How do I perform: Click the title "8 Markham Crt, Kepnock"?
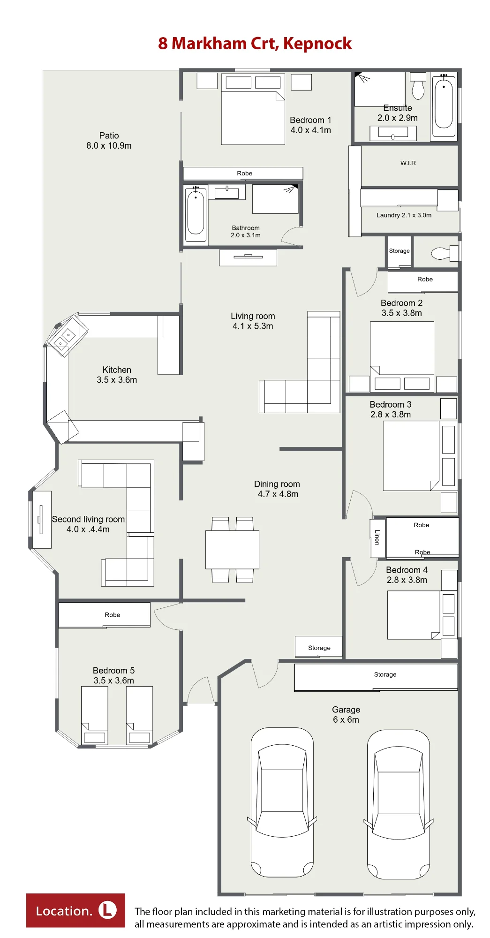click(x=255, y=44)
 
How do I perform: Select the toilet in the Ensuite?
click(x=418, y=85)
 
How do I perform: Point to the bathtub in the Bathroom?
click(x=196, y=213)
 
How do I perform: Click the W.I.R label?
click(x=408, y=163)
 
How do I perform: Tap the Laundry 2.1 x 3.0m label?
click(x=404, y=215)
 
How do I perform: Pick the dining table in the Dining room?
click(x=232, y=549)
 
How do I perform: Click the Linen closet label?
click(x=377, y=537)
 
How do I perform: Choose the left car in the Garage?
click(x=282, y=803)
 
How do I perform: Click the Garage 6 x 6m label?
click(x=346, y=715)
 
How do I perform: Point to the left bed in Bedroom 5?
click(x=95, y=716)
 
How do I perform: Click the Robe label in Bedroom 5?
click(x=113, y=615)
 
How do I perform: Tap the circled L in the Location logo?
click(x=107, y=910)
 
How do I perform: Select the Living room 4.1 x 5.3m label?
click(x=253, y=321)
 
